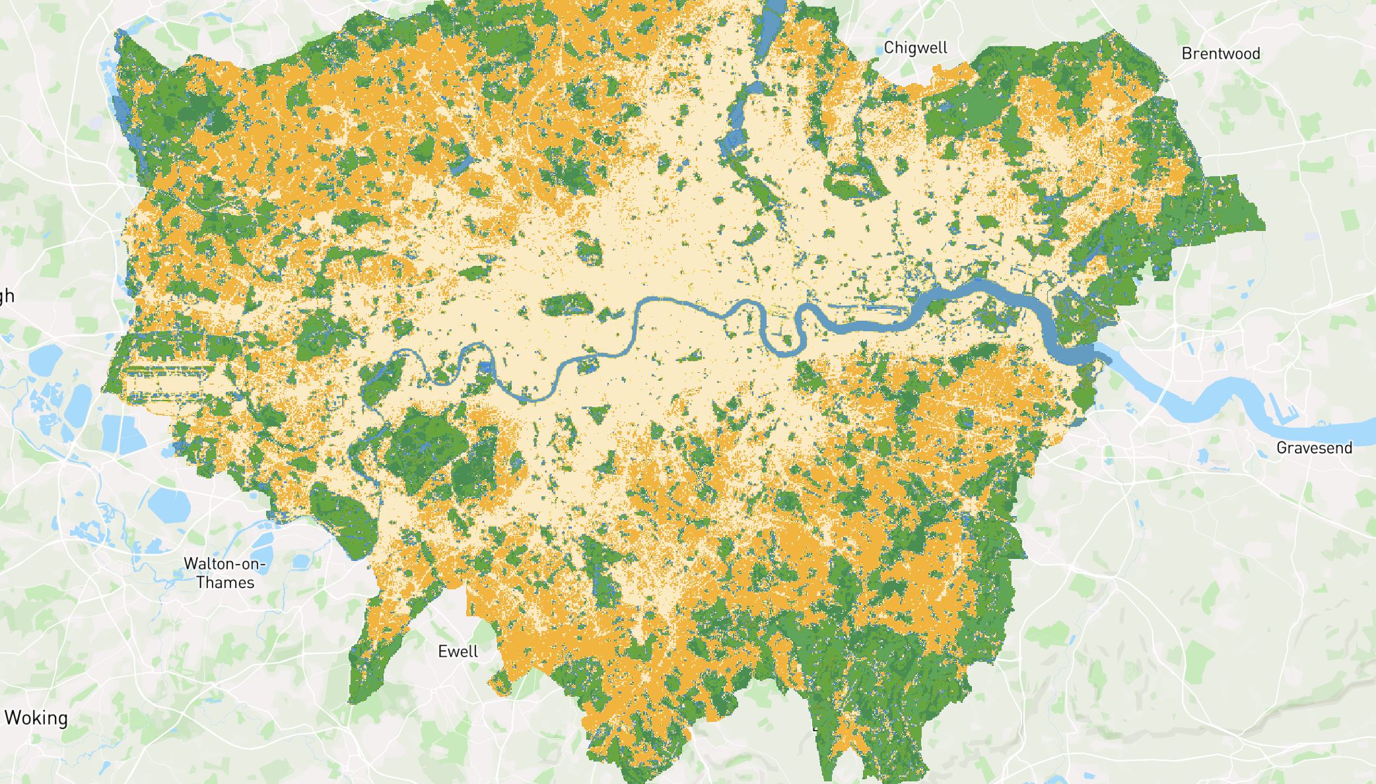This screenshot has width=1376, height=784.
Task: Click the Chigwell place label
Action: [915, 48]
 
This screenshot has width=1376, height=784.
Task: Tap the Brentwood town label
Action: [1220, 53]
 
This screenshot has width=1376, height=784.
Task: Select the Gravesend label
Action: [1314, 448]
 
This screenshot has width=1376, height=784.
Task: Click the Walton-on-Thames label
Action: [224, 573]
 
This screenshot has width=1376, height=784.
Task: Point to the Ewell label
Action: [458, 651]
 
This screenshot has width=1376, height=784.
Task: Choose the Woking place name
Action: [36, 718]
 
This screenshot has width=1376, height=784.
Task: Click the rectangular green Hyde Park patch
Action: [565, 305]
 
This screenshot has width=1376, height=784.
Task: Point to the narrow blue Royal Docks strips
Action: [865, 307]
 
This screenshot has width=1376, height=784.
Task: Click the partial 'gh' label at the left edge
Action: [7, 296]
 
